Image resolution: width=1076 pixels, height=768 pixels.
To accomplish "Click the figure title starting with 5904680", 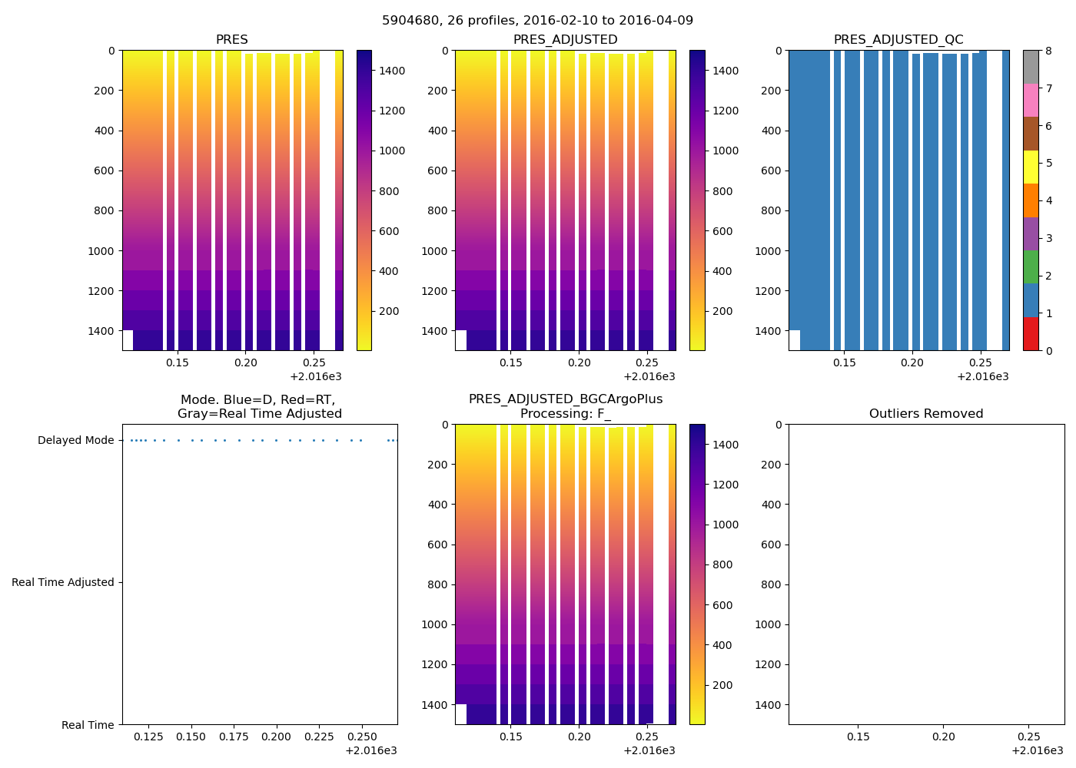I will click(537, 21).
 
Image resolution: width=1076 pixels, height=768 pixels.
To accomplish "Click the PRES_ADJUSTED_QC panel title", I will click(898, 40).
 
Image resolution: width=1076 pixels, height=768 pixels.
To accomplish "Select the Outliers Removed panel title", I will click(926, 414).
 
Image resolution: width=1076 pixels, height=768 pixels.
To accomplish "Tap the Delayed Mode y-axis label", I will click(75, 441).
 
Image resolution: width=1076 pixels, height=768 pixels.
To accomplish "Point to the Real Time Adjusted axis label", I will click(63, 583).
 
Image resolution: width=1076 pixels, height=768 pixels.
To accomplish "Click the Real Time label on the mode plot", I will click(88, 725).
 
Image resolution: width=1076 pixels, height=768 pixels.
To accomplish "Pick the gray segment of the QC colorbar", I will click(1031, 67).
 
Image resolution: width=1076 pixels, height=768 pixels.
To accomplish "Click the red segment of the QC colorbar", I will click(1031, 334).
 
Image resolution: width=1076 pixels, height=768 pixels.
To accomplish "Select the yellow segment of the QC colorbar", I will click(1031, 167).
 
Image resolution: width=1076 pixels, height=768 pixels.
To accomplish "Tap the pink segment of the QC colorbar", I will click(1031, 100).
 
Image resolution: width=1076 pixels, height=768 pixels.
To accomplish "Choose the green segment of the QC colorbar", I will click(1031, 266).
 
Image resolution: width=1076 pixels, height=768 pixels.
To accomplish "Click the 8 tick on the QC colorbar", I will click(1048, 51).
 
